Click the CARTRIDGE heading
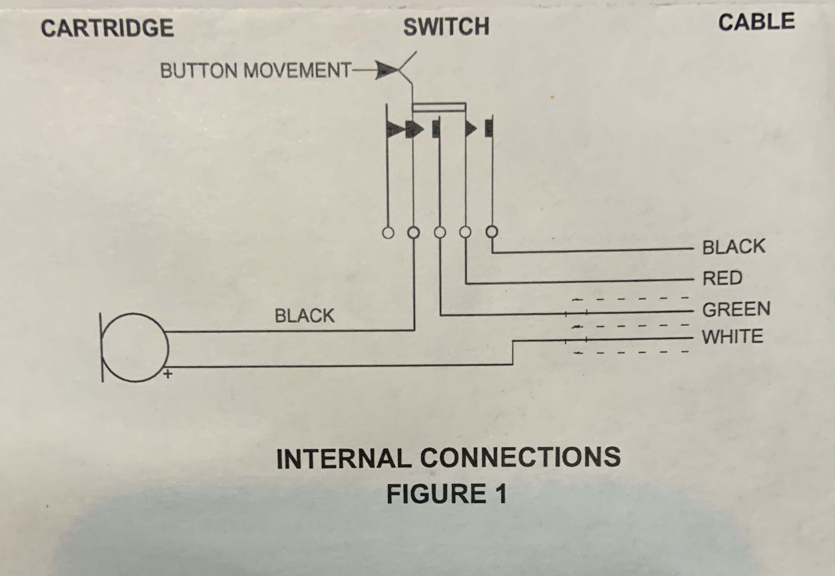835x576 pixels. [107, 28]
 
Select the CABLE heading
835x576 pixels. [757, 22]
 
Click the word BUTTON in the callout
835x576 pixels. [199, 70]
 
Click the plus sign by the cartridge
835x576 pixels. [168, 374]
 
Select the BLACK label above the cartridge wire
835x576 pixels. [305, 316]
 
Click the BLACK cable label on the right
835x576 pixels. [734, 246]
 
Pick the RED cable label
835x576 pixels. [722, 278]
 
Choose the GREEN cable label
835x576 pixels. [736, 309]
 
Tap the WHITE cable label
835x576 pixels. [732, 336]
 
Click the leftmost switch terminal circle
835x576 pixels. [388, 233]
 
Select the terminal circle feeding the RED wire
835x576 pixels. [466, 232]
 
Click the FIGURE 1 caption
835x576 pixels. [447, 494]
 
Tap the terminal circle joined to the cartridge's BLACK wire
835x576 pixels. [413, 233]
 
